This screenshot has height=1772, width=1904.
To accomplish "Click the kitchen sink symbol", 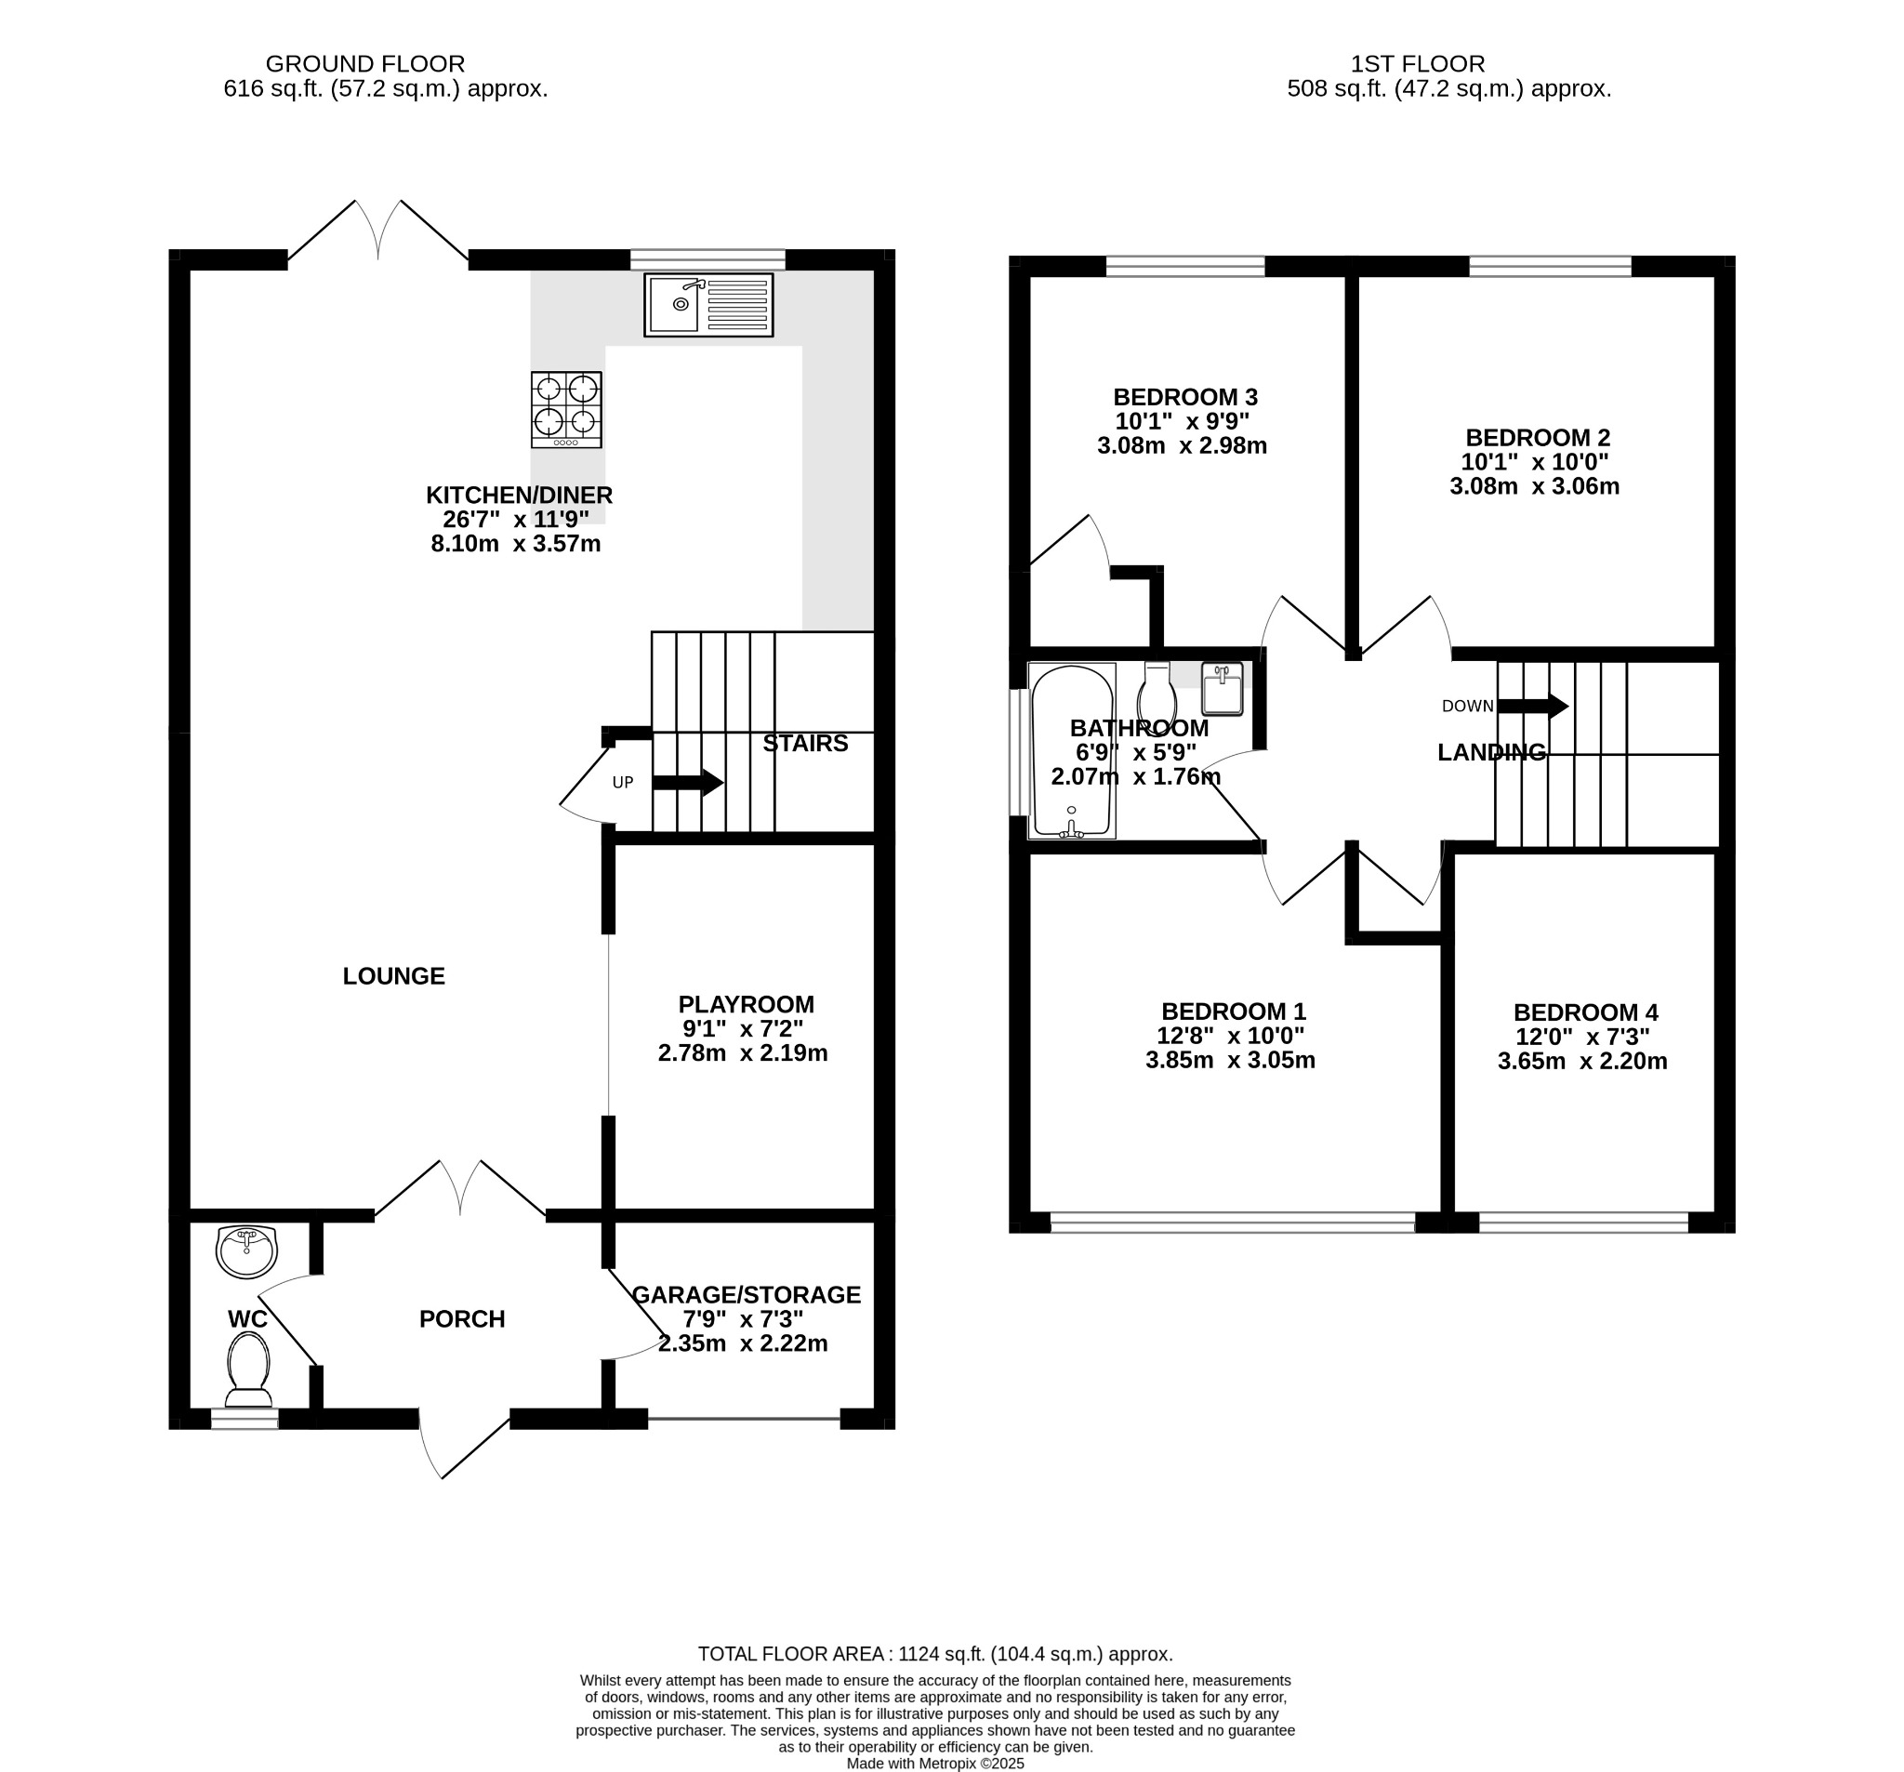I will click(708, 305).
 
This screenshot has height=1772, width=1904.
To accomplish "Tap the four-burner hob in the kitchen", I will click(566, 409).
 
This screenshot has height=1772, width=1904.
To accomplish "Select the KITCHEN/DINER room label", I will click(519, 496).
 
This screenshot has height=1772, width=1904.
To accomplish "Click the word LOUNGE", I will click(393, 976).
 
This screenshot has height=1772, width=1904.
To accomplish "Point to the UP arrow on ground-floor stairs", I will click(688, 783).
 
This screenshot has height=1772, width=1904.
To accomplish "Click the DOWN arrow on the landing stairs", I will click(1532, 707).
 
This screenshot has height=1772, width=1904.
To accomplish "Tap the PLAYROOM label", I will click(747, 1005).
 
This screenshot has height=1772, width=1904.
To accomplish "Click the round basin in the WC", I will click(246, 1252).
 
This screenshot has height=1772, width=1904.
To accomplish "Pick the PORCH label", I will click(462, 1319).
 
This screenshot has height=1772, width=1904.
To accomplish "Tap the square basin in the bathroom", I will click(1223, 689).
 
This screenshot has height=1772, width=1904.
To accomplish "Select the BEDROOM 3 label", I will click(1184, 398).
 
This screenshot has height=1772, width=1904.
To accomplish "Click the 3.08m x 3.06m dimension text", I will click(1534, 486).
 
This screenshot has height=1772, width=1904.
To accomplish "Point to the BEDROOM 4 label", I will click(1585, 1012).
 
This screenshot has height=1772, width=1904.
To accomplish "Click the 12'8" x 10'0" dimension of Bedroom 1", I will click(1230, 1036).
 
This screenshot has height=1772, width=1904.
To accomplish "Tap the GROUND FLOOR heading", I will click(364, 64).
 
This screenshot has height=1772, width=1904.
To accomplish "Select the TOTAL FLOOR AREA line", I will click(934, 1653).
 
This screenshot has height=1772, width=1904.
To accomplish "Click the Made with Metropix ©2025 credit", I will click(934, 1764).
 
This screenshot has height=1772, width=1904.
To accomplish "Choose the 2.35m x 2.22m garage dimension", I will click(742, 1343).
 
